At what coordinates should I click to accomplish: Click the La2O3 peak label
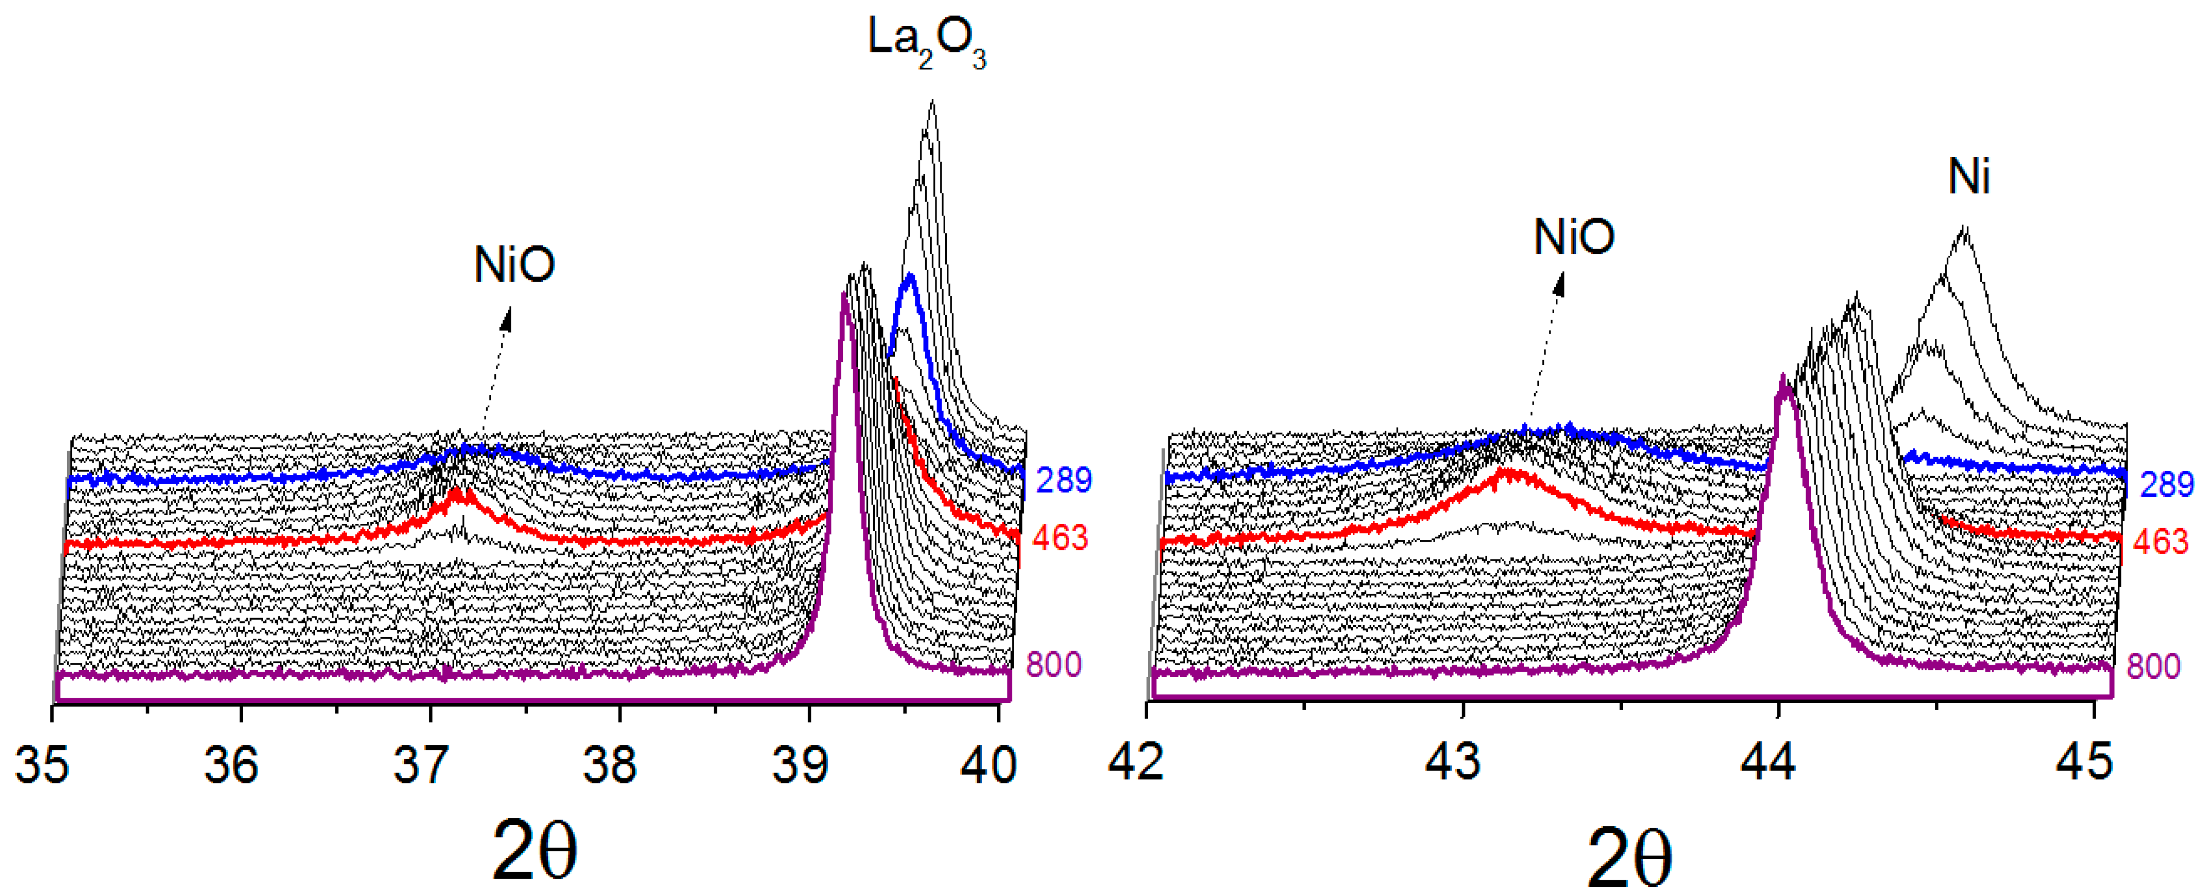tap(927, 43)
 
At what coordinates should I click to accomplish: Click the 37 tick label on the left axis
tap(421, 763)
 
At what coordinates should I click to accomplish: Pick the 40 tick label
tap(989, 763)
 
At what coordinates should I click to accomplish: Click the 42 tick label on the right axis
tap(1136, 760)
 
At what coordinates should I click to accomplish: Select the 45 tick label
tap(2084, 760)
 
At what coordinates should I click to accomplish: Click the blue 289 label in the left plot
tap(1064, 481)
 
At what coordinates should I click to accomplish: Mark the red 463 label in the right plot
tap(2161, 541)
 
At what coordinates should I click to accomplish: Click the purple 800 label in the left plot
tap(1053, 665)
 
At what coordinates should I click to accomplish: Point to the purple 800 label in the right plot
tap(2153, 666)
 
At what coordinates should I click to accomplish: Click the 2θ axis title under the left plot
tap(534, 850)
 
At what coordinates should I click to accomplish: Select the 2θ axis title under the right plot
tap(1629, 856)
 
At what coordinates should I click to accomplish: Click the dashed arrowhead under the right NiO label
tap(1560, 283)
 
